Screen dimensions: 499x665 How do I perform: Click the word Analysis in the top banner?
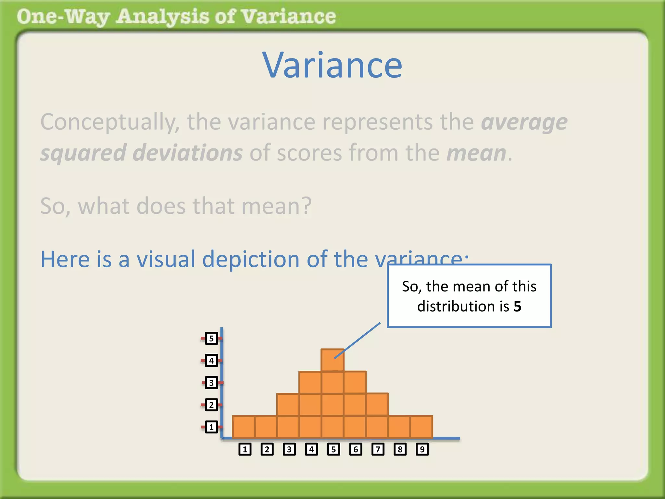pos(163,17)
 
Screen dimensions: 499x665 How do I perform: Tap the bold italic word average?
pos(524,122)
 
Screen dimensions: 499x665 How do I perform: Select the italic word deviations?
pos(187,153)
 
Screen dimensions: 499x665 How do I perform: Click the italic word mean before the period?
pos(476,153)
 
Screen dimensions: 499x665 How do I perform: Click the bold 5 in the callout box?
pos(517,306)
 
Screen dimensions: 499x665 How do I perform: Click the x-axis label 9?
pos(422,449)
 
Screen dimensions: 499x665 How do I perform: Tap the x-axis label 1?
pos(245,449)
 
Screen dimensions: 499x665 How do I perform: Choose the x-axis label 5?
pos(333,449)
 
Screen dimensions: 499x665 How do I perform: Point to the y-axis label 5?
pos(211,339)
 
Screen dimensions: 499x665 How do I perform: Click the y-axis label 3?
pos(211,383)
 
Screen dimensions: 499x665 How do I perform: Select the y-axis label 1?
pos(211,427)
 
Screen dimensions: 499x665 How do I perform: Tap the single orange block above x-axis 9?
pos(421,427)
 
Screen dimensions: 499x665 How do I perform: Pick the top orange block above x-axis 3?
pos(288,405)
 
